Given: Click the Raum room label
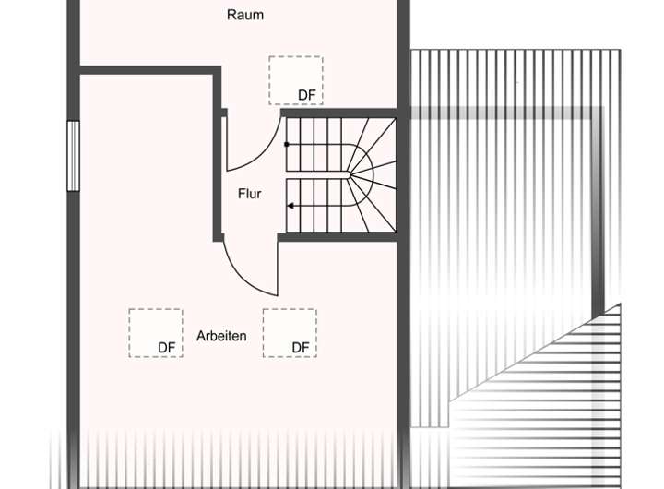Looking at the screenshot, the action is [x=245, y=15].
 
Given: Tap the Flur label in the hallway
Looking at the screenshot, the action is [x=249, y=194].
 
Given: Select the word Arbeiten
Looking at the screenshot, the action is [x=221, y=336].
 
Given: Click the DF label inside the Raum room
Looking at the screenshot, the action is [x=307, y=95].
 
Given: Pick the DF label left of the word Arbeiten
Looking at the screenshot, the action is [x=166, y=347].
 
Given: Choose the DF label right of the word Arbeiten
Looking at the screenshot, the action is [x=301, y=347].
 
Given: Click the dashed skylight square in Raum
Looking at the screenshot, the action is [x=295, y=79].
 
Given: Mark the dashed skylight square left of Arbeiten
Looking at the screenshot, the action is [x=155, y=332].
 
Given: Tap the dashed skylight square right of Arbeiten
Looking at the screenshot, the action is [x=290, y=332].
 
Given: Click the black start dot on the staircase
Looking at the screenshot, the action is [x=287, y=145].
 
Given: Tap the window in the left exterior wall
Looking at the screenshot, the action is [x=74, y=156].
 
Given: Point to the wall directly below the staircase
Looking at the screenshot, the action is [x=338, y=237].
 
